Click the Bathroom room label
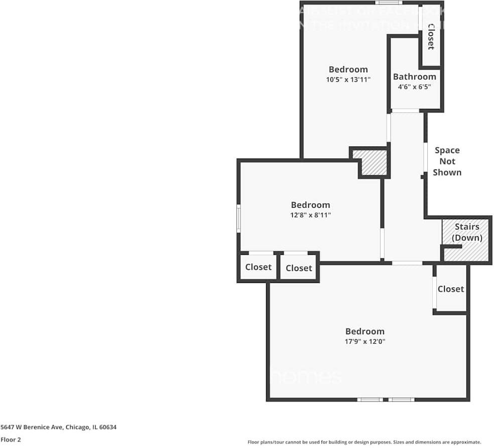[x=414, y=77]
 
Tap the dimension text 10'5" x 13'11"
[x=348, y=79]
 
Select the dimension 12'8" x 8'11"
[x=310, y=215]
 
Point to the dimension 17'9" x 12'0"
[x=364, y=341]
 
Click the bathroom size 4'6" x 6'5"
[x=414, y=87]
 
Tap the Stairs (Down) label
[x=467, y=232]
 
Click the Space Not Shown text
[x=447, y=161]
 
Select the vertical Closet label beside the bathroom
[x=431, y=37]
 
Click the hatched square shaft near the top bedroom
[x=374, y=163]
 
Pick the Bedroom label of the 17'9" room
[x=364, y=331]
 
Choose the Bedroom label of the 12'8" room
[x=310, y=205]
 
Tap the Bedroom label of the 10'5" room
[x=348, y=69]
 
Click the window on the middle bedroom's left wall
[x=239, y=218]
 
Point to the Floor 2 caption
[x=11, y=439]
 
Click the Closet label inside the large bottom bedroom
[x=450, y=289]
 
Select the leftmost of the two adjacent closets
[x=258, y=267]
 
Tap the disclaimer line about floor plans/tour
[x=364, y=442]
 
